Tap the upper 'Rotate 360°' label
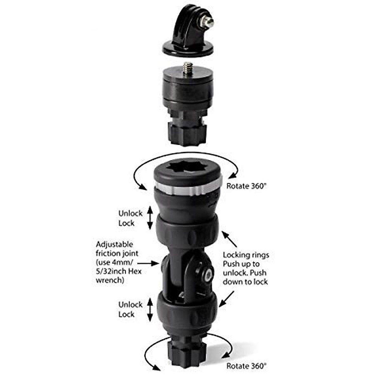[x=245, y=186]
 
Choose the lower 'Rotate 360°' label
[x=245, y=366]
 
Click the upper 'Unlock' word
[x=130, y=213]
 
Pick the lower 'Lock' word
[x=126, y=314]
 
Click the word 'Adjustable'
[x=114, y=245]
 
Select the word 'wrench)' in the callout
[x=110, y=280]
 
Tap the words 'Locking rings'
[x=246, y=255]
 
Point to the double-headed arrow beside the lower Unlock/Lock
[x=150, y=310]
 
